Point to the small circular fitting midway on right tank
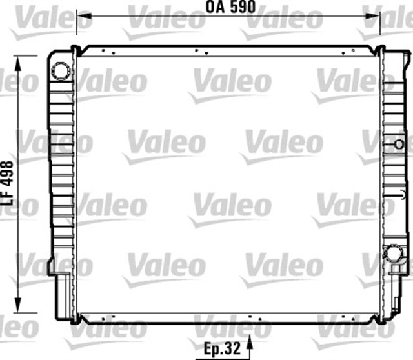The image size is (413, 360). [x=399, y=143]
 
